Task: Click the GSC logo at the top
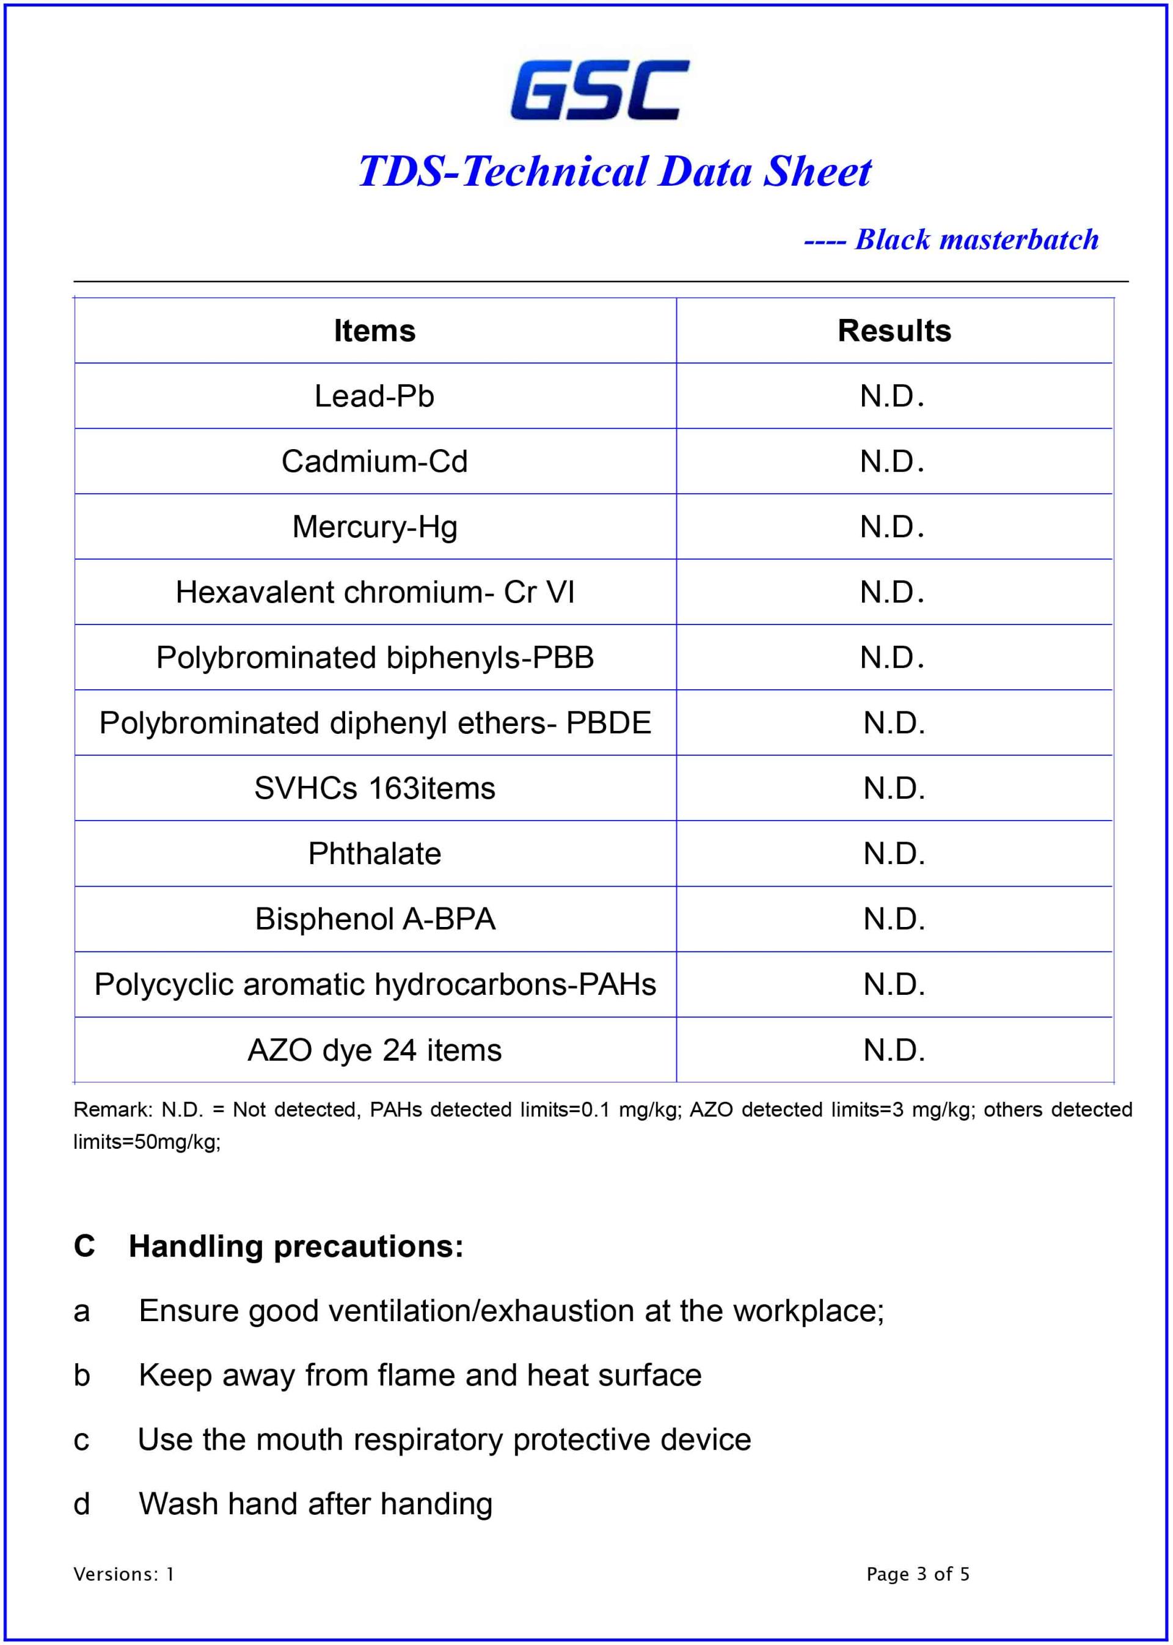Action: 599,90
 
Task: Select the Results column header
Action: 894,331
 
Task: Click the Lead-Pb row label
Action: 374,396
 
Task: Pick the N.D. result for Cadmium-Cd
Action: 892,461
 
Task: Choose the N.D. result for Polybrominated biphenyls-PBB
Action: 892,658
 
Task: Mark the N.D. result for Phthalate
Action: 894,854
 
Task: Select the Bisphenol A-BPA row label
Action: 375,919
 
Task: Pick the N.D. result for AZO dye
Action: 894,1050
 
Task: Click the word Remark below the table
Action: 112,1110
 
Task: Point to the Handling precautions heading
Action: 296,1247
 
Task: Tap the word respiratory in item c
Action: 428,1440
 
